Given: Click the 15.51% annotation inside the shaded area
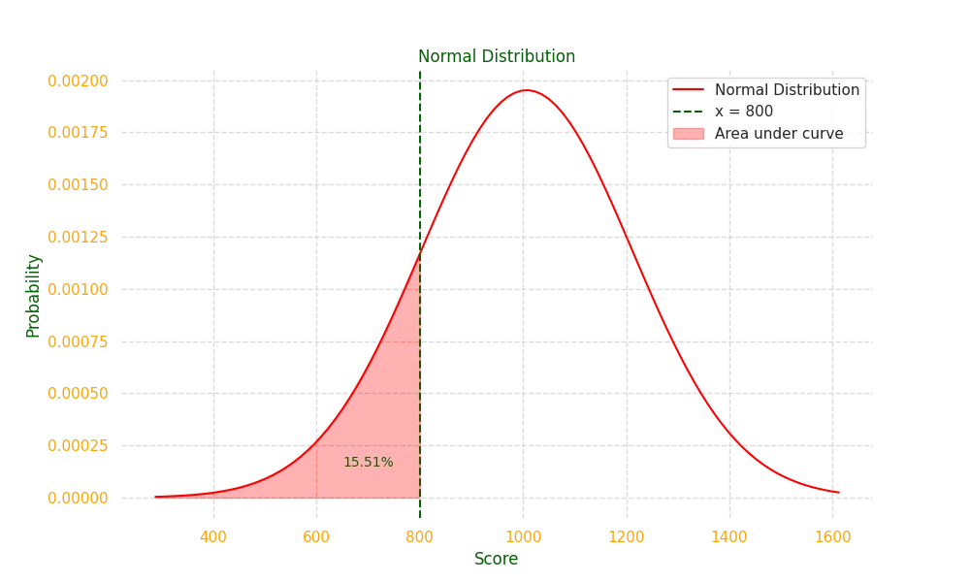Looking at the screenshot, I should click(x=368, y=463).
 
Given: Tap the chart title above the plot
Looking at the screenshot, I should click(x=498, y=55).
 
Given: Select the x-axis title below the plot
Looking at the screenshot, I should click(x=497, y=559).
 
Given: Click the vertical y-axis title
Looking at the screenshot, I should click(x=31, y=295).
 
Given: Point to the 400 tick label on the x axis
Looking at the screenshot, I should click(x=213, y=535).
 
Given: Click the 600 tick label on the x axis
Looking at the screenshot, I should click(x=316, y=535).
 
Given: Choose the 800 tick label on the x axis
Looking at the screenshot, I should click(x=419, y=535).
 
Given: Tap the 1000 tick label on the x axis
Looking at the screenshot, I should click(x=524, y=535).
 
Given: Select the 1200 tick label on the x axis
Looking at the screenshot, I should click(x=626, y=535).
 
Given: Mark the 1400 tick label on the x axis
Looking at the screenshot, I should click(x=729, y=535).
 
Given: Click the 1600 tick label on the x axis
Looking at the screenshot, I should click(x=832, y=535).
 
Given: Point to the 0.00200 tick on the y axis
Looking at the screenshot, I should click(x=78, y=81).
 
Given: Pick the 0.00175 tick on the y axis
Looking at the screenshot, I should click(x=78, y=132).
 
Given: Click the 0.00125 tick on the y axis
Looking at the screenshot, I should click(x=78, y=237).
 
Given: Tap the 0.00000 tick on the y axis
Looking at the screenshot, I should click(x=78, y=499).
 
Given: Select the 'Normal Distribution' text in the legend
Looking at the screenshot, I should click(x=787, y=90).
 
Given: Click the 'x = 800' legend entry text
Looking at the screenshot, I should click(x=744, y=112).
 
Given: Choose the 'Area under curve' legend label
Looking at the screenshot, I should click(x=779, y=134).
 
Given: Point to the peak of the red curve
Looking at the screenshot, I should click(x=524, y=90).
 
